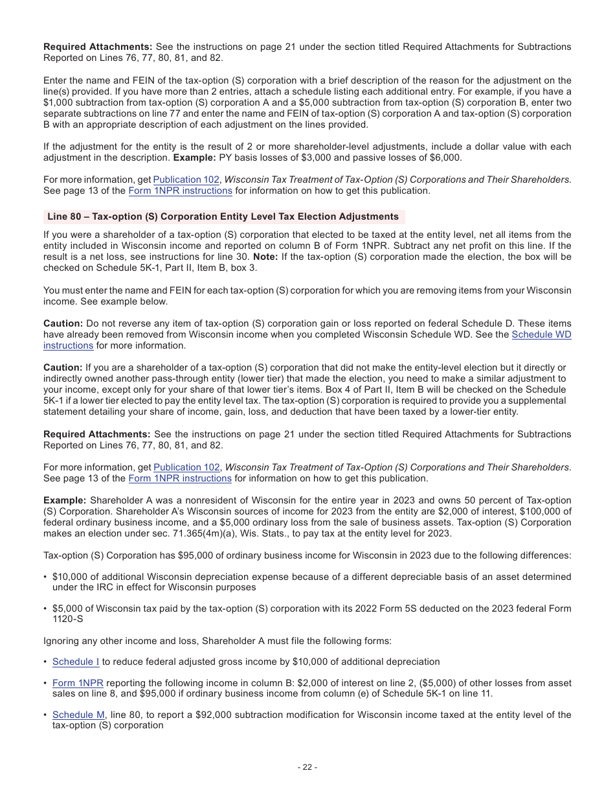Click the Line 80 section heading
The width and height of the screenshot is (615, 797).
[x=223, y=216]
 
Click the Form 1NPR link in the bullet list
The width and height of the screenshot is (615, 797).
[x=78, y=683]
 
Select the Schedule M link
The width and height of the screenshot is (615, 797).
[x=78, y=715]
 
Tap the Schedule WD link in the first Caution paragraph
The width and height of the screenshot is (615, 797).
[x=541, y=334]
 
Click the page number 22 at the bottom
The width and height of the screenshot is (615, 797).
[x=307, y=767]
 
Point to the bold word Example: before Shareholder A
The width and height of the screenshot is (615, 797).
[x=65, y=500]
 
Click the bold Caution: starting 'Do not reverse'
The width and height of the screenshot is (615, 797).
[x=63, y=323]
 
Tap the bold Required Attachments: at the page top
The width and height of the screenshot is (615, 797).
[x=98, y=47]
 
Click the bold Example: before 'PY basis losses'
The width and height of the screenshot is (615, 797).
[x=195, y=158]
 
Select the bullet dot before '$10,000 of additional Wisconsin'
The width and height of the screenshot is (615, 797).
[x=45, y=577]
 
